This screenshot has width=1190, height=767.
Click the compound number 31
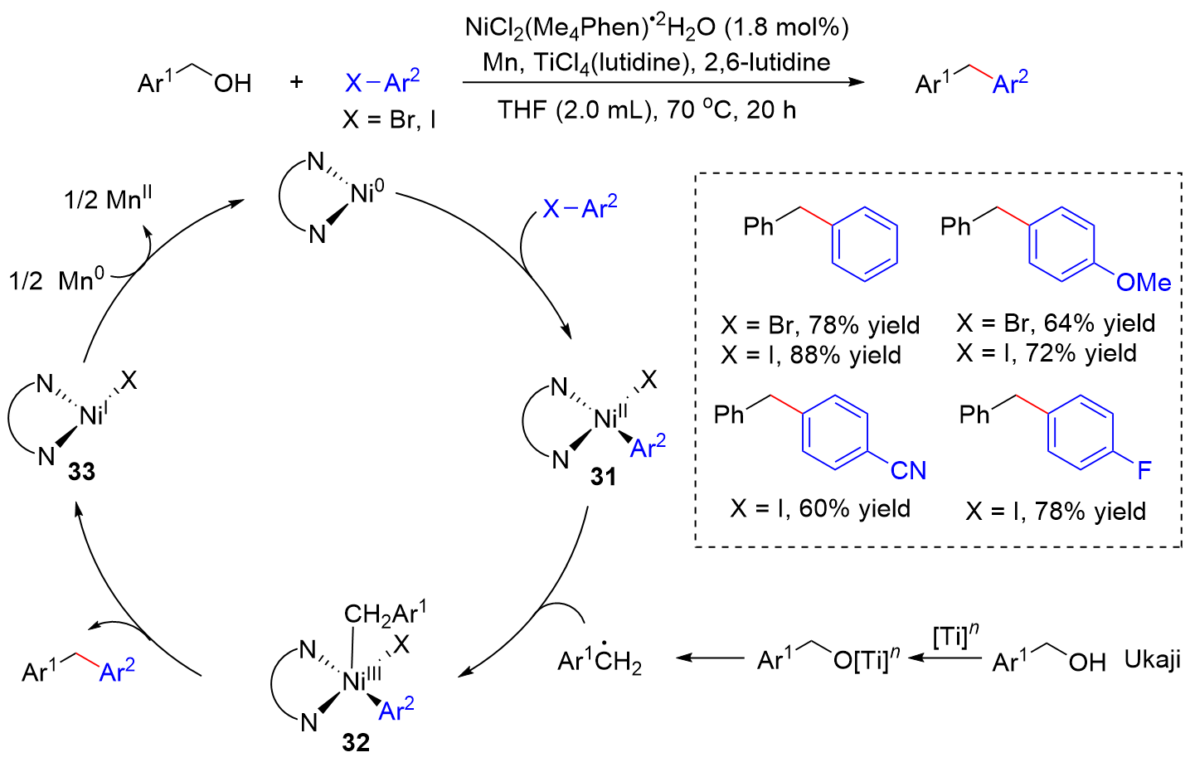point(604,477)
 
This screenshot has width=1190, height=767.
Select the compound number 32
point(356,742)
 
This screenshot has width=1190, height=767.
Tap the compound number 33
point(81,472)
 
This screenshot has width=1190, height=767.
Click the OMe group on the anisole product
point(1143,283)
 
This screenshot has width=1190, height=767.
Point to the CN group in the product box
point(908,471)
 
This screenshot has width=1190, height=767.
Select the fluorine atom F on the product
point(1144,471)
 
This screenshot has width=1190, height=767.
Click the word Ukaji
point(1152,660)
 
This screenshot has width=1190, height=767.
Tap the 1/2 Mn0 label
point(56,280)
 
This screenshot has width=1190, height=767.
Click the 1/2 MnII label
point(108,199)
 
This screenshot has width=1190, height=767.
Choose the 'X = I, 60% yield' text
point(820,508)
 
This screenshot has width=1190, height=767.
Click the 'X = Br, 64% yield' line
point(1056,323)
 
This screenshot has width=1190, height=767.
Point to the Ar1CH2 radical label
point(600,660)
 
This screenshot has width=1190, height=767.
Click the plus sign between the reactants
point(296,82)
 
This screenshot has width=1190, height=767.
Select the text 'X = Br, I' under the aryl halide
point(389,120)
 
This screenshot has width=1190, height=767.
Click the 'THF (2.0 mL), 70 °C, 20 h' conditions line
point(647,109)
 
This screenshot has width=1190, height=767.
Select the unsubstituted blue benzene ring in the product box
point(865,245)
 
